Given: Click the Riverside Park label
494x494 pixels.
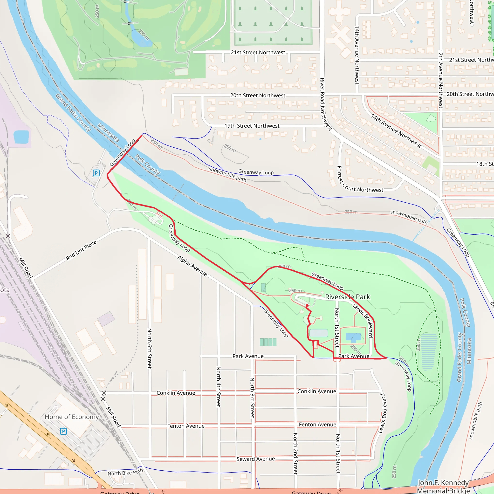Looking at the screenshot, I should [x=348, y=297].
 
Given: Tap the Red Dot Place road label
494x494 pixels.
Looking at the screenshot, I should [x=81, y=250].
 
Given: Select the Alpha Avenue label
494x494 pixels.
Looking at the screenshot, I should [x=192, y=266].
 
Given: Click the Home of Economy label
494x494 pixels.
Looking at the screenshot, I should [x=72, y=417].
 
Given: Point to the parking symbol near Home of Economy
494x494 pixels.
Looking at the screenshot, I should [x=63, y=431].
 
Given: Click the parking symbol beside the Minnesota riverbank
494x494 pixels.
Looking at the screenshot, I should [x=96, y=173].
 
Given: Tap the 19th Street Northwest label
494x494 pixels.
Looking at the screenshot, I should [x=252, y=126].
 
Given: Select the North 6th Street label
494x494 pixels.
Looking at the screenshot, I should [x=149, y=348].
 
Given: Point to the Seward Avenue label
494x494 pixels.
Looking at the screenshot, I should [x=255, y=459].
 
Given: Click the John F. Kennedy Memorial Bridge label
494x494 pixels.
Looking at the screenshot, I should [x=443, y=487].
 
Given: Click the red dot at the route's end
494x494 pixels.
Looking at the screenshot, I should [x=307, y=306].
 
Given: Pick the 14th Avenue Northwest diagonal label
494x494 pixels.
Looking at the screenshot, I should [x=396, y=131].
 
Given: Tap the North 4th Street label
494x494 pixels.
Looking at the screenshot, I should [x=218, y=386].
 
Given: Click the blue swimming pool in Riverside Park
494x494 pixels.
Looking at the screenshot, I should [x=353, y=337].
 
